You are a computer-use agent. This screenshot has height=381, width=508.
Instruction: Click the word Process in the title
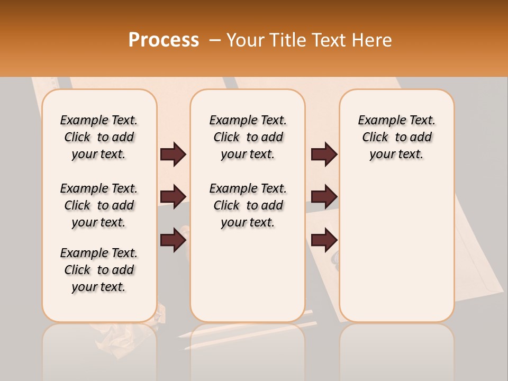click(x=164, y=40)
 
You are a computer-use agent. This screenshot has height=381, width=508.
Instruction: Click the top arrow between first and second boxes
click(x=173, y=155)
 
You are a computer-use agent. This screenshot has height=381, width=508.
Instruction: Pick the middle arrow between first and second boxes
click(x=173, y=197)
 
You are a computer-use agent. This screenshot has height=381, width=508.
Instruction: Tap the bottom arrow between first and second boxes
click(x=173, y=240)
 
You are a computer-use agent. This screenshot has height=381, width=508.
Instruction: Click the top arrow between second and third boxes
click(x=324, y=155)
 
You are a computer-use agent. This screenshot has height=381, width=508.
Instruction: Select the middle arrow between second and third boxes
click(x=324, y=197)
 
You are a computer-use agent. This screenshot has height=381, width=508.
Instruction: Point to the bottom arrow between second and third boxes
click(x=324, y=240)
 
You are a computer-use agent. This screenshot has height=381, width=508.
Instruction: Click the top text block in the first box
click(x=99, y=137)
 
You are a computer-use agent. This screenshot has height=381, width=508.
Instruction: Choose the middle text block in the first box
click(x=99, y=205)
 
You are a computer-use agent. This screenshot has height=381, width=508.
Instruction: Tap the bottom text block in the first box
click(x=99, y=270)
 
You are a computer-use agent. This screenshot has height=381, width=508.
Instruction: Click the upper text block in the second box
click(x=248, y=137)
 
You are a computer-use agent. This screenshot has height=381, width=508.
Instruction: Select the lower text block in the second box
click(x=248, y=205)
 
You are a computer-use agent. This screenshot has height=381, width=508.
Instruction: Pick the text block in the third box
click(x=397, y=137)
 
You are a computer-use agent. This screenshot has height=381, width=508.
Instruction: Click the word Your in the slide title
click(x=245, y=40)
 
